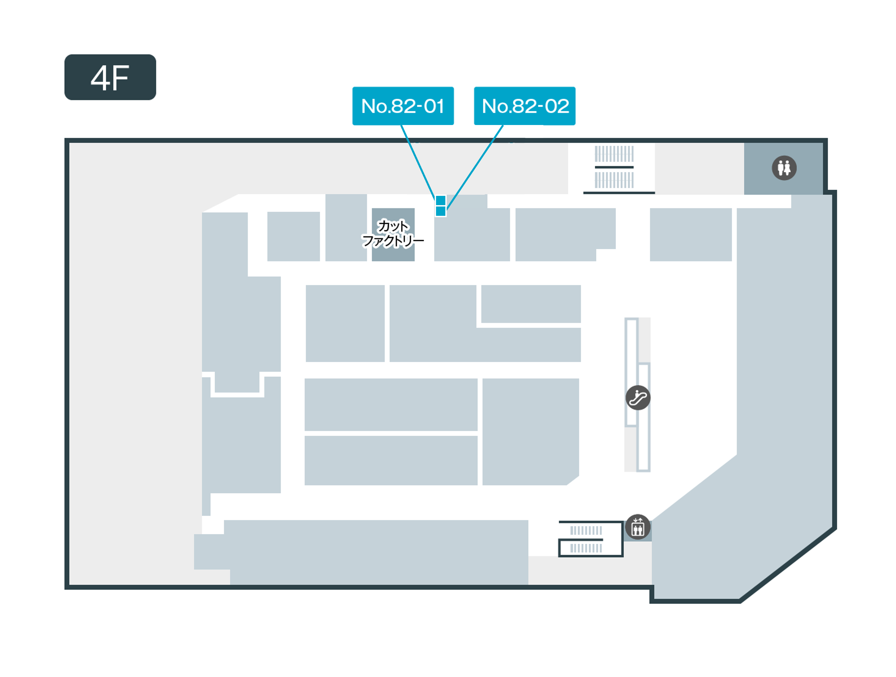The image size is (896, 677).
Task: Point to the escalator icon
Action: (x=638, y=397)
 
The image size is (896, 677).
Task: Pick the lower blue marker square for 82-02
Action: (x=441, y=211)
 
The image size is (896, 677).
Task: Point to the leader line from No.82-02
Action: (x=475, y=167)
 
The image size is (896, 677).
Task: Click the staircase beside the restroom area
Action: (x=614, y=167)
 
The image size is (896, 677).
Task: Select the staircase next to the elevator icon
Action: (x=591, y=539)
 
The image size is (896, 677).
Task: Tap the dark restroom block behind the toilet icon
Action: (x=783, y=168)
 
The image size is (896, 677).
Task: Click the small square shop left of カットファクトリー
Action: (x=293, y=236)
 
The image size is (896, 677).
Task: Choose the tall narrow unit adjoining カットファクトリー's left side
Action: (x=346, y=227)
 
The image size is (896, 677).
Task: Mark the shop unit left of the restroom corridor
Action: (x=691, y=235)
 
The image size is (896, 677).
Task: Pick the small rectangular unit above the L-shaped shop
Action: (x=531, y=304)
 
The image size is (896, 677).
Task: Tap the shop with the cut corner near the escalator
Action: (x=531, y=431)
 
